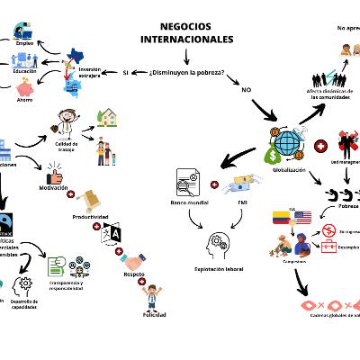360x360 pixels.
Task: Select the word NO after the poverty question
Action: click(x=246, y=90)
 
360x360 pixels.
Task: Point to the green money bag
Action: click(x=274, y=155)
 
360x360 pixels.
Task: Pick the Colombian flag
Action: click(x=280, y=218)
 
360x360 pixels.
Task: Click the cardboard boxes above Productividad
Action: click(x=92, y=199)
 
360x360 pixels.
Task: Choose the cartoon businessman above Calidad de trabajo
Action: click(x=67, y=122)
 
